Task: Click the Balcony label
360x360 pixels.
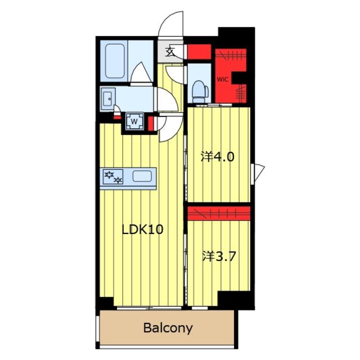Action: pyautogui.click(x=168, y=328)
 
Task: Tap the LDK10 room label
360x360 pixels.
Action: pyautogui.click(x=142, y=229)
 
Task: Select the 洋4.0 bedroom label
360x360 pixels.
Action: pyautogui.click(x=218, y=157)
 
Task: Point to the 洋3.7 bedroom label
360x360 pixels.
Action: pyautogui.click(x=219, y=256)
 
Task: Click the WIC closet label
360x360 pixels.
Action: pyautogui.click(x=223, y=79)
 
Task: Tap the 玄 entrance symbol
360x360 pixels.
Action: pyautogui.click(x=170, y=52)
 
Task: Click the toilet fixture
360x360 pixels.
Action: pyautogui.click(x=200, y=91)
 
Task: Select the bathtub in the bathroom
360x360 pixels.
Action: pyautogui.click(x=115, y=61)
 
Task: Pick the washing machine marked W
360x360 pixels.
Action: pyautogui.click(x=134, y=121)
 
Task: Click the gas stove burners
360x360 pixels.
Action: pyautogui.click(x=113, y=177)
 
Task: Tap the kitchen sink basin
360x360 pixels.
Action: pyautogui.click(x=142, y=176)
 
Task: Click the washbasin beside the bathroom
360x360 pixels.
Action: pyautogui.click(x=107, y=99)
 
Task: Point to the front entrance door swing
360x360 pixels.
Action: pyautogui.click(x=171, y=24)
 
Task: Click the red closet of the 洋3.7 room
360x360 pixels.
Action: pyautogui.click(x=219, y=213)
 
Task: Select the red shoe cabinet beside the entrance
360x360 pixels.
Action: pyautogui.click(x=199, y=52)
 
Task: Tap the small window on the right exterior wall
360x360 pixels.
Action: pyautogui.click(x=257, y=174)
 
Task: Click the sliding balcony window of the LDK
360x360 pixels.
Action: pyautogui.click(x=149, y=308)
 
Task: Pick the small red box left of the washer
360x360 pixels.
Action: pyautogui.click(x=118, y=118)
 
